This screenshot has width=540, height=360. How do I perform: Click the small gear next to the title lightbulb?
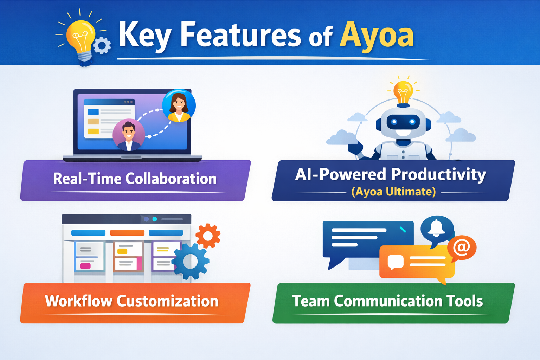tap(102, 45)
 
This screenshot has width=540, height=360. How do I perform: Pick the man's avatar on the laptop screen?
tap(129, 135)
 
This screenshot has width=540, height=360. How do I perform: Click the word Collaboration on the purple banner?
tap(171, 179)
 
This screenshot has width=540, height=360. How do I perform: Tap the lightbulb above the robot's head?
tap(403, 92)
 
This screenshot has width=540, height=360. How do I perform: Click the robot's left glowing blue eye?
tap(394, 122)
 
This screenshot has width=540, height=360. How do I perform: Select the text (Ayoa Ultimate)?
tap(393, 192)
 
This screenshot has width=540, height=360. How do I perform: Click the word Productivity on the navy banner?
tap(438, 174)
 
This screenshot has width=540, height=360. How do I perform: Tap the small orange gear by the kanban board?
tap(208, 236)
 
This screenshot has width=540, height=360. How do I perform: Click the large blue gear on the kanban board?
tap(190, 262)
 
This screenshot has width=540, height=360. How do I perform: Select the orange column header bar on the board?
tap(127, 233)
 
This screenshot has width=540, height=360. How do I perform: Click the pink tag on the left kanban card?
tap(85, 266)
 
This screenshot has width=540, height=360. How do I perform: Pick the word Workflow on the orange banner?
tap(78, 301)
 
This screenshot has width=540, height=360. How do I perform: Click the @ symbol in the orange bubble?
tap(462, 247)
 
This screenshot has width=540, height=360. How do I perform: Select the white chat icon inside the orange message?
tap(395, 262)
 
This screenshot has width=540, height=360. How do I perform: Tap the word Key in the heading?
tap(144, 35)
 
